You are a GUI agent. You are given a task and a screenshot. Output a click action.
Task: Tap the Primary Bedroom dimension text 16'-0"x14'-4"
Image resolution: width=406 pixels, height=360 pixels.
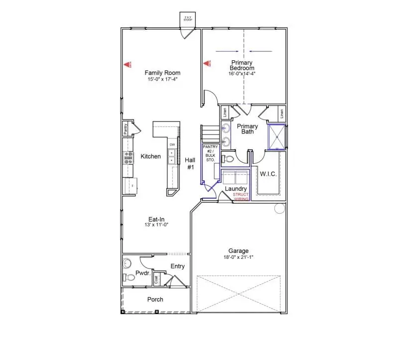(x=242, y=74)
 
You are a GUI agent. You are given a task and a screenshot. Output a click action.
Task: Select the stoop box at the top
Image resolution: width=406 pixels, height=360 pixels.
(x=188, y=19)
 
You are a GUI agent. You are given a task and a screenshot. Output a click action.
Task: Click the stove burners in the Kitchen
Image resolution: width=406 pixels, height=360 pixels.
(x=129, y=157)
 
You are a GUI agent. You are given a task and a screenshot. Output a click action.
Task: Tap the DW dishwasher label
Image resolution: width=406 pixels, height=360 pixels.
(x=172, y=145)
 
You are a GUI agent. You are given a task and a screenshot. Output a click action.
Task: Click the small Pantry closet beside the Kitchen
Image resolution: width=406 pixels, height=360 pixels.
(x=126, y=129)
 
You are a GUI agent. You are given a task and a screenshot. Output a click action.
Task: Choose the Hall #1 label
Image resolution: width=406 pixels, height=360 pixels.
(x=190, y=164)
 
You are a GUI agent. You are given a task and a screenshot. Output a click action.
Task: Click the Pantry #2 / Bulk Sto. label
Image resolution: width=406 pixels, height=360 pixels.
(x=210, y=154)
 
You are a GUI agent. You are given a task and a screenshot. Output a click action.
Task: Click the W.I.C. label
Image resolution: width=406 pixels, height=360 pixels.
(x=268, y=174)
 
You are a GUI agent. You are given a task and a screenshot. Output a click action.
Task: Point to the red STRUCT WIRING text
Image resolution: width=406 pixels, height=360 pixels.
(x=241, y=196)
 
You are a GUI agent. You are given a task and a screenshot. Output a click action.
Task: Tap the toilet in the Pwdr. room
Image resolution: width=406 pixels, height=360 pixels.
(x=128, y=279)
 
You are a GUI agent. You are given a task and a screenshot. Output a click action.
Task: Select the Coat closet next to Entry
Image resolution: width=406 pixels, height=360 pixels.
(x=156, y=279)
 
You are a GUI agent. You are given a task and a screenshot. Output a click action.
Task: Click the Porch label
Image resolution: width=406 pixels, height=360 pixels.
(x=155, y=299)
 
